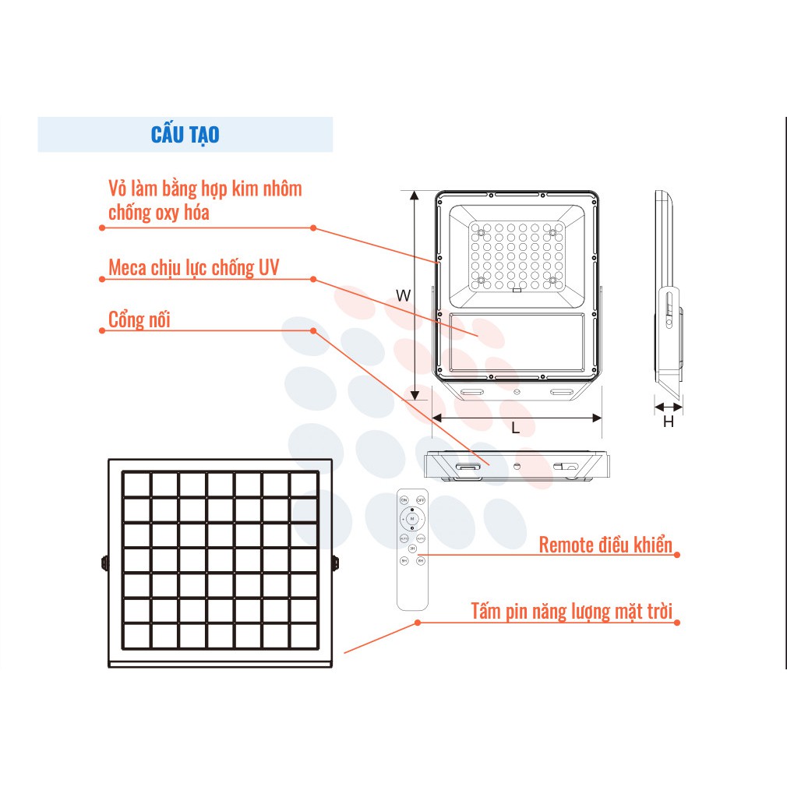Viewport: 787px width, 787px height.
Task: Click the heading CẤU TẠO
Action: (x=185, y=135)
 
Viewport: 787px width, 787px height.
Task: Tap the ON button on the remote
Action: (x=404, y=499)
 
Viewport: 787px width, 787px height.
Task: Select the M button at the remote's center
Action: (x=412, y=518)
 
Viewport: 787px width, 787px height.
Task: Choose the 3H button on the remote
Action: (x=412, y=549)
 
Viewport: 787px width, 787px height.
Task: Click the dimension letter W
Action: (x=403, y=295)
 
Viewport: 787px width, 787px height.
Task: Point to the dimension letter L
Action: (x=515, y=428)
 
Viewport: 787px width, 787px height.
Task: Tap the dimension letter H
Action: (x=668, y=422)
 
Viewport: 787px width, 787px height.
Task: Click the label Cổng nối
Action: (x=139, y=319)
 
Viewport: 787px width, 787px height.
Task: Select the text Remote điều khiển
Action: (x=605, y=545)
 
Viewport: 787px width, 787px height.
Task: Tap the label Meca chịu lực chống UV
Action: (x=193, y=268)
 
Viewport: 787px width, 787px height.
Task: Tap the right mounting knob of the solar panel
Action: (x=337, y=562)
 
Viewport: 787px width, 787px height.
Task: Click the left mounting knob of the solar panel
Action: (x=104, y=562)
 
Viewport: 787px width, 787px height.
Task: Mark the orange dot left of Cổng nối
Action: (x=102, y=330)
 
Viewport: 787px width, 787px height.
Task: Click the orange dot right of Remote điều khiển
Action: (x=677, y=555)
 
